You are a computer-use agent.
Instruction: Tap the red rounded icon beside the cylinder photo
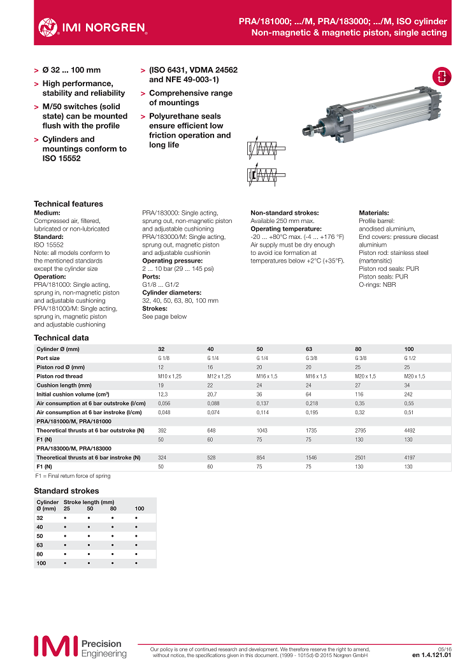[x=442, y=77]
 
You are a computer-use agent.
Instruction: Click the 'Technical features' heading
[x=68, y=204]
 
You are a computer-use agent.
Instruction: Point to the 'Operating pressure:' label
[x=166, y=261]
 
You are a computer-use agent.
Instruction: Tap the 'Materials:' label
[x=374, y=213]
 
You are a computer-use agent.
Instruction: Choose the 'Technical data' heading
[x=61, y=338]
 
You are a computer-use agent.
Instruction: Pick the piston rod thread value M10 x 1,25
[x=169, y=376]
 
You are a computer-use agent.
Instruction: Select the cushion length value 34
[x=407, y=385]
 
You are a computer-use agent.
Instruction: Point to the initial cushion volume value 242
[x=408, y=394]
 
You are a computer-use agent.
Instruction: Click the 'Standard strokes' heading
[x=66, y=491]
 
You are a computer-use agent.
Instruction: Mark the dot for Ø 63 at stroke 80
[x=113, y=545]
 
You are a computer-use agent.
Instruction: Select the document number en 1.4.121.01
[x=432, y=654]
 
